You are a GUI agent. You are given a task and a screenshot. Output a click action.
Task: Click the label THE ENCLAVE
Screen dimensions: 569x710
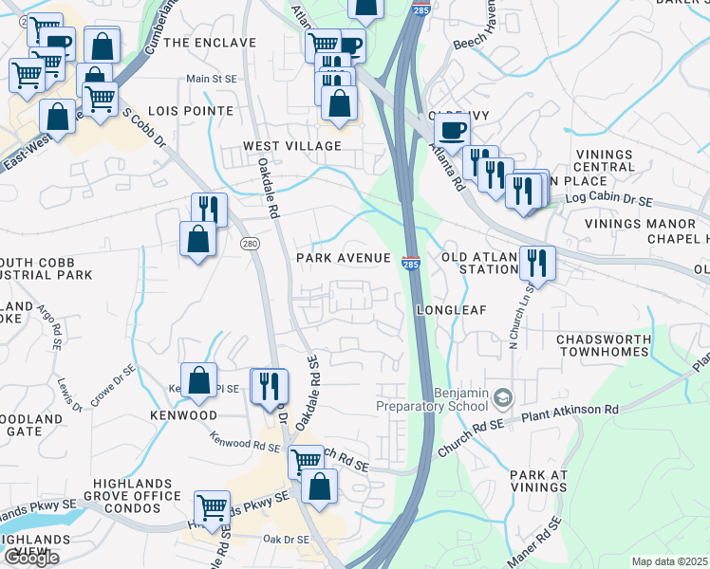210,43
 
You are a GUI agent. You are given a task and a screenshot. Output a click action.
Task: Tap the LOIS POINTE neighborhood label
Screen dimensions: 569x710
197,111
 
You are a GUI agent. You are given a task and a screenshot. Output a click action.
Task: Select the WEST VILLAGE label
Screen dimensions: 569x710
291,145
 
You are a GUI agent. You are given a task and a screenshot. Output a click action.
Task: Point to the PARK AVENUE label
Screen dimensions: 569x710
344,258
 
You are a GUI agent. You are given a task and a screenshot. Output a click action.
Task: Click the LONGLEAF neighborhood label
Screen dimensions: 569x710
451,309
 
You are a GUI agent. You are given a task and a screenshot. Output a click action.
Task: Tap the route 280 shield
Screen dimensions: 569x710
250,244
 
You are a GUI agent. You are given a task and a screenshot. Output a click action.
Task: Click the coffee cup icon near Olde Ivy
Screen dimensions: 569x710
452,129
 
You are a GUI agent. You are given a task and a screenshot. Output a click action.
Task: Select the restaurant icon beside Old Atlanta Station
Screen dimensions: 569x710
537,262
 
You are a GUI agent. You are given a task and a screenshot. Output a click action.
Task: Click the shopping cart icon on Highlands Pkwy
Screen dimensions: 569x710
212,506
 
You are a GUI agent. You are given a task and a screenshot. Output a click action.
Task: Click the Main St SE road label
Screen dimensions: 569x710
212,79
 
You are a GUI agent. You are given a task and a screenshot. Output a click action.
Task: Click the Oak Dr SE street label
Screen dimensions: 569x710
286,540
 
